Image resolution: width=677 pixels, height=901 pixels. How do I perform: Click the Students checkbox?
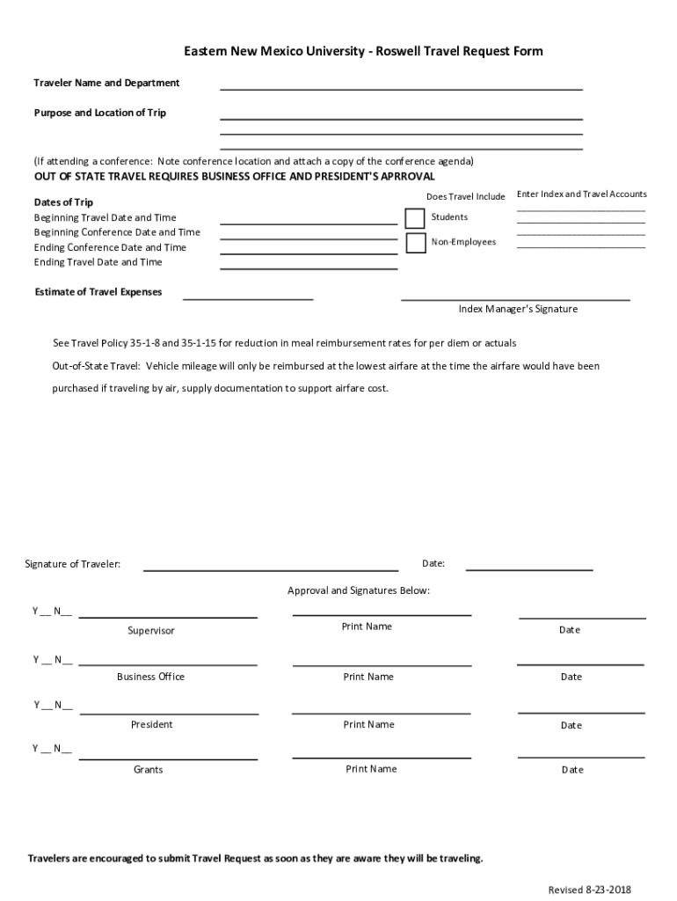pos(415,218)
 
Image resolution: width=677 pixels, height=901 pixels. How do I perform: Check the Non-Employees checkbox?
pos(415,243)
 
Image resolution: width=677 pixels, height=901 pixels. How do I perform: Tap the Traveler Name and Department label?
pos(106,83)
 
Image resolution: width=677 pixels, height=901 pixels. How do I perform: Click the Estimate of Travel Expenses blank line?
pos(248,298)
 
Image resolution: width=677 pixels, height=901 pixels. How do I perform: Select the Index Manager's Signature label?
pos(518,310)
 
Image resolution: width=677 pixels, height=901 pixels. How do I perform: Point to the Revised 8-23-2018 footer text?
pos(589,890)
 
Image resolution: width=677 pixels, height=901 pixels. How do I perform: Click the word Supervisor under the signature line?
pos(151,631)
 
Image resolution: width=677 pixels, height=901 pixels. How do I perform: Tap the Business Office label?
pos(150,677)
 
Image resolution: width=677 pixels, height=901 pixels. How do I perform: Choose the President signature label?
pos(151,725)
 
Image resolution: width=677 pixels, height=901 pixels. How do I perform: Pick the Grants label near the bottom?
pos(149,770)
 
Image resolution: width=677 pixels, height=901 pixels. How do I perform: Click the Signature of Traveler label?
pos(73,564)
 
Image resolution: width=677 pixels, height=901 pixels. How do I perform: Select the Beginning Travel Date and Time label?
pos(105,217)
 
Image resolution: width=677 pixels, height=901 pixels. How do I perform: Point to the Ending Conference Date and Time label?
pos(110,247)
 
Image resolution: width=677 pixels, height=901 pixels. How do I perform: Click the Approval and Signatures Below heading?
pos(359,590)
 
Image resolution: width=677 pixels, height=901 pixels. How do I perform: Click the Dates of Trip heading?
pos(63,202)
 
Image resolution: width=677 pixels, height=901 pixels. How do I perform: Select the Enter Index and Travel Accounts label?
pos(581,194)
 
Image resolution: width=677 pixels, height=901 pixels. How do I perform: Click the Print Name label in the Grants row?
pos(371,769)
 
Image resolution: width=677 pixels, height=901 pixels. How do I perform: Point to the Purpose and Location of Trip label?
pos(100,113)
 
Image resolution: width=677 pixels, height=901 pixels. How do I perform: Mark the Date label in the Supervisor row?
pos(570,630)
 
